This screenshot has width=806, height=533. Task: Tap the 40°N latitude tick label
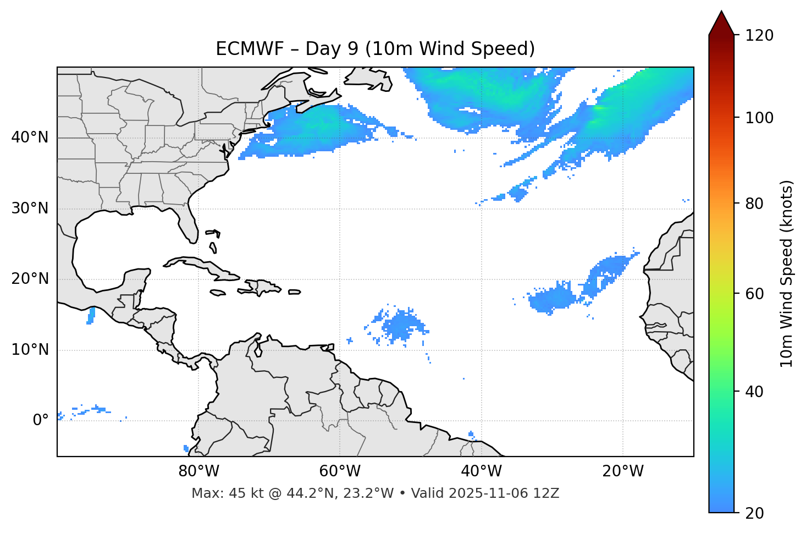coord(30,138)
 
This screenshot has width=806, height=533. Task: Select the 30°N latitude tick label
coord(30,208)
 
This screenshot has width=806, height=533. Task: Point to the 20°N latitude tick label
coord(30,279)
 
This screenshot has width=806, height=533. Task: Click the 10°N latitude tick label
coord(30,350)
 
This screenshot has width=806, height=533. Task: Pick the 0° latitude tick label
coord(41,421)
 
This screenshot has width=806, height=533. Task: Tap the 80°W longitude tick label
coord(198,471)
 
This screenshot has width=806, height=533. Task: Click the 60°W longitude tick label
coord(340,471)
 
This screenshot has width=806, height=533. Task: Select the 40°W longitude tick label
coord(481,471)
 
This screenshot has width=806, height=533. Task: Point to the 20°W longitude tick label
coord(622,471)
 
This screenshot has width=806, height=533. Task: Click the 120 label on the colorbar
coord(759,36)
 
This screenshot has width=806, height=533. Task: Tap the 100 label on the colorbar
coord(759,118)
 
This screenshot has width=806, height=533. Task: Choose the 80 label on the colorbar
coord(754,204)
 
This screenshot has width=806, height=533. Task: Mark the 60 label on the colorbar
coord(754,294)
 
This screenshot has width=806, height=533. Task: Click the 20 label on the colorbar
coord(754,513)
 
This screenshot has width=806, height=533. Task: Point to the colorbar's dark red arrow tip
coord(721,17)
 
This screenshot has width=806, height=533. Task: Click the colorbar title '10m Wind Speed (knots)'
coord(787,273)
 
